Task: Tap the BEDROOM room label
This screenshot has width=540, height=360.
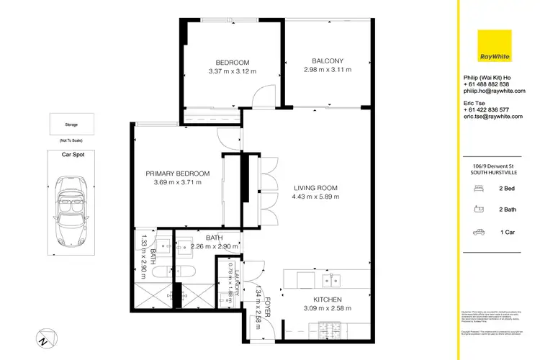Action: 233,62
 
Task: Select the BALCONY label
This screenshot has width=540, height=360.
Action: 328,61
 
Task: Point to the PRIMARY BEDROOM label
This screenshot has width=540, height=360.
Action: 177,174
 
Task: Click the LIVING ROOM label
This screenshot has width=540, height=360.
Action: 315,188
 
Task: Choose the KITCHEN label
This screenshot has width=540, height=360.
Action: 327,300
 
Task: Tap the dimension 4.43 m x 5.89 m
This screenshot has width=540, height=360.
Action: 315,197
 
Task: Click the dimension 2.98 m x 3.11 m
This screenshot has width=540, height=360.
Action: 328,71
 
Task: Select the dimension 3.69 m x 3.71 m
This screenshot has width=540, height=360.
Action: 177,183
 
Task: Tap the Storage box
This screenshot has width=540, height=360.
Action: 71,124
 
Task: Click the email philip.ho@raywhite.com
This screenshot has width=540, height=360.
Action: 490,91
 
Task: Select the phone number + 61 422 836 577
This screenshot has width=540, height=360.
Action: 490,109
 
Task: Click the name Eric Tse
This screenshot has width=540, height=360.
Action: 475,103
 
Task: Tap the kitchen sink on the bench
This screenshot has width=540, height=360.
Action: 330,279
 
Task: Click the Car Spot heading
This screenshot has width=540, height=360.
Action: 71,153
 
